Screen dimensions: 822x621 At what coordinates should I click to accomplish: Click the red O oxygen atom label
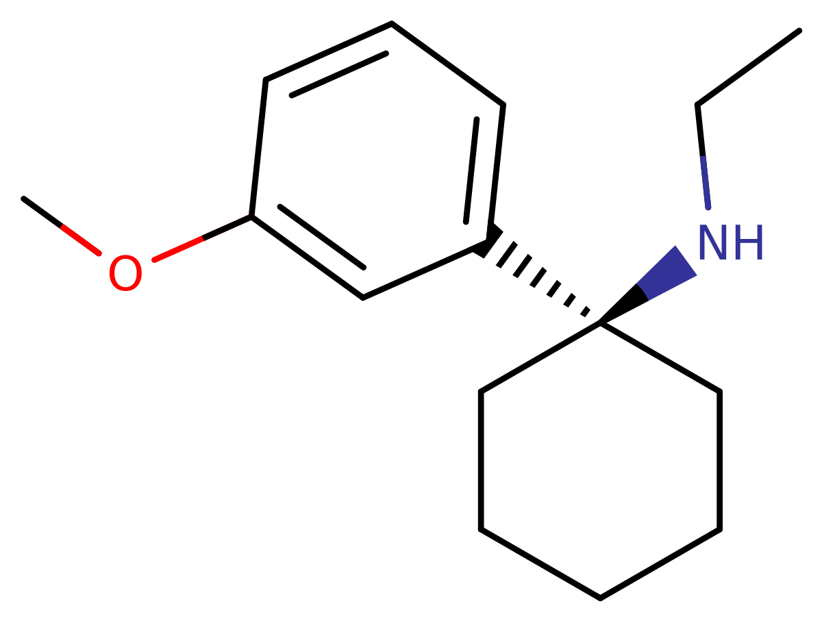point(125,273)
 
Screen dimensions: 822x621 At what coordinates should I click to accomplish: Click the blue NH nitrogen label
point(731,242)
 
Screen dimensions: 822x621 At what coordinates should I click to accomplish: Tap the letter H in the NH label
point(749,242)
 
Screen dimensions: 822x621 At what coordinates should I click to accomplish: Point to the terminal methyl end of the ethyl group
point(799,31)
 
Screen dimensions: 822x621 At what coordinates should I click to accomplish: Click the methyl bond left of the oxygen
point(62,226)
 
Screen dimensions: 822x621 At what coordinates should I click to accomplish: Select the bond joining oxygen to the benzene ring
point(202,238)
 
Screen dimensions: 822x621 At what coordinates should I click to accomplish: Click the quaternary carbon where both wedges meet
point(600,322)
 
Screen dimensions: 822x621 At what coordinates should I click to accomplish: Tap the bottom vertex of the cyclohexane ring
point(600,598)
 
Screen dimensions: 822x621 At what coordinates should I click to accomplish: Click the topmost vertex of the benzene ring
point(391,23)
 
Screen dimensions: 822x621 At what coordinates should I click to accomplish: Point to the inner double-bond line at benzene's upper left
point(339,75)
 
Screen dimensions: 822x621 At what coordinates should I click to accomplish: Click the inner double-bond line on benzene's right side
point(471,170)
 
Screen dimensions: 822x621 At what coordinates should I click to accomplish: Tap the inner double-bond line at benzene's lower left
point(321,237)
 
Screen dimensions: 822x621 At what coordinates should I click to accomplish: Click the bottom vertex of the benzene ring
point(362,298)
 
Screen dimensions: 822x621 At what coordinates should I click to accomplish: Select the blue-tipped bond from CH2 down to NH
point(703,156)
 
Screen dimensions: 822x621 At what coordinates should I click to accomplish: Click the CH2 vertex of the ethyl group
point(697,105)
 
